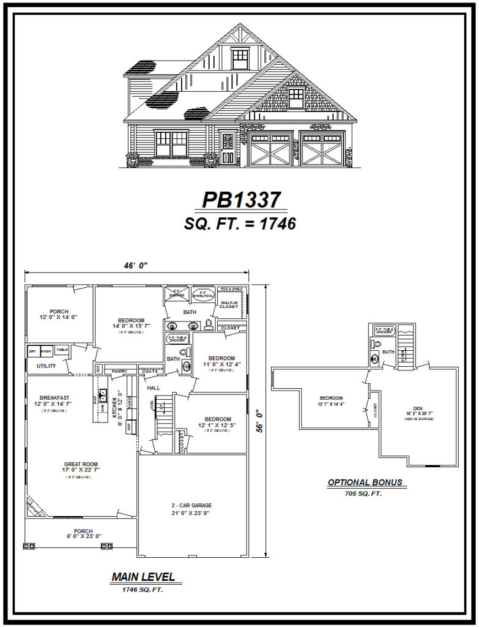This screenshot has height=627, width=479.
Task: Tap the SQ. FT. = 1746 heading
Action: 240,224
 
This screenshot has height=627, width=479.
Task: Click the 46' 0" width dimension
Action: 135,265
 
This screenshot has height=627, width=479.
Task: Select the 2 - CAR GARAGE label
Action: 191,506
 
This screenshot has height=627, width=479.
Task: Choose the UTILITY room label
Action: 46,366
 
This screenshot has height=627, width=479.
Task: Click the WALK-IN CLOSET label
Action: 229,304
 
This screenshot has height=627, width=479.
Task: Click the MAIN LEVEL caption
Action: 143,577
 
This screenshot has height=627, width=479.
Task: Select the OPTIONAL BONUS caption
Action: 365,482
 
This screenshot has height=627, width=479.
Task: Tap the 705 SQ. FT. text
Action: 364,493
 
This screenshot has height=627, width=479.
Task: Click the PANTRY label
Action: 119,371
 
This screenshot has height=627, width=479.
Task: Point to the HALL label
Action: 153,388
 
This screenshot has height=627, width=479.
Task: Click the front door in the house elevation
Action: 228,149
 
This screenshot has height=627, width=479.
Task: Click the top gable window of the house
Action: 240,59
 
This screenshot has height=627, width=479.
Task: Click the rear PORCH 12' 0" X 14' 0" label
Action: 59,315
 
